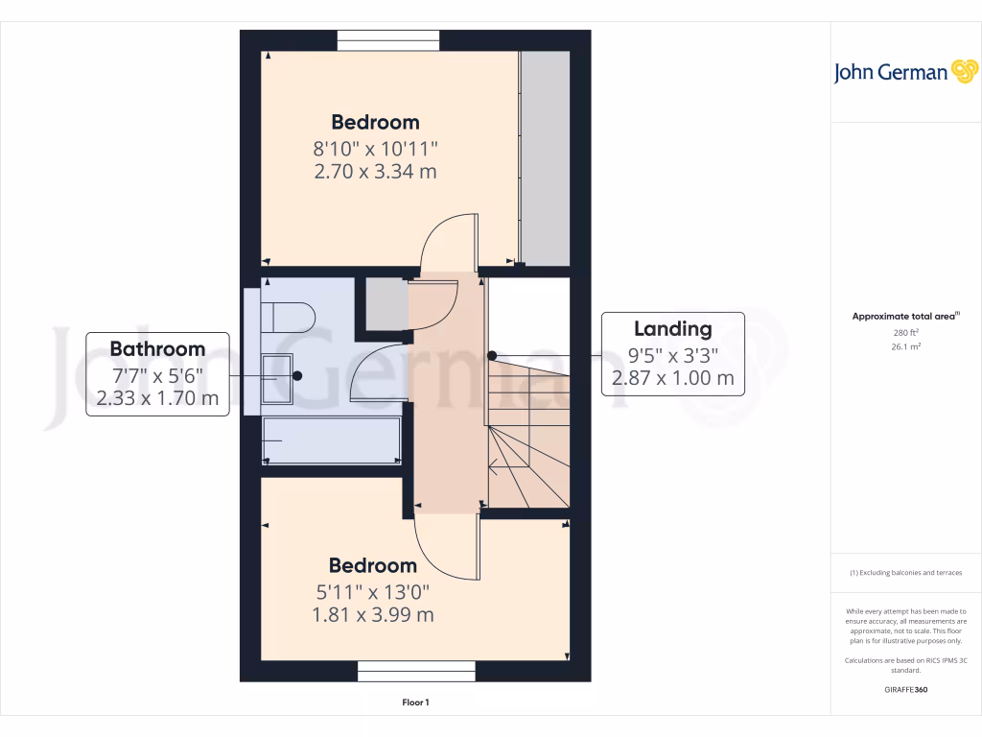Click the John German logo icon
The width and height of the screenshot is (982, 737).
tap(963, 71)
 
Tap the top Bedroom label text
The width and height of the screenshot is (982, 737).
tap(375, 122)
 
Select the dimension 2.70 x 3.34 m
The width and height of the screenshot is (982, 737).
tap(375, 172)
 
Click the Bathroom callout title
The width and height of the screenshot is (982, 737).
tap(157, 348)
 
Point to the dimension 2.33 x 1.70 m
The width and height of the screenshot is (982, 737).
tap(157, 397)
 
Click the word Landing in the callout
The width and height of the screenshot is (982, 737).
tap(672, 329)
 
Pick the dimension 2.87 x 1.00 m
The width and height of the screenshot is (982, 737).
tap(672, 378)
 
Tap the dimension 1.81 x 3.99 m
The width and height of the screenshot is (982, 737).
tap(373, 614)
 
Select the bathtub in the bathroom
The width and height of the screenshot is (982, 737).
tap(332, 440)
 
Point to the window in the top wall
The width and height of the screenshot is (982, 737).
tap(388, 40)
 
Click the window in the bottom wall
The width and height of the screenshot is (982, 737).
tap(416, 671)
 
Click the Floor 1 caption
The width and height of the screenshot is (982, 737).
tap(415, 703)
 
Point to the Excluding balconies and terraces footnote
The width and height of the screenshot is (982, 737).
tap(905, 573)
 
